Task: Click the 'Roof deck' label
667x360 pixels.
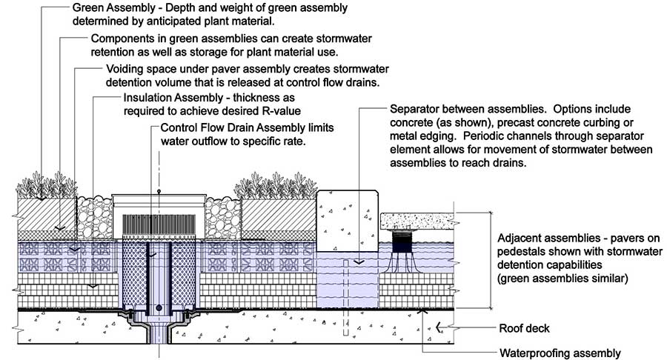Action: (524, 328)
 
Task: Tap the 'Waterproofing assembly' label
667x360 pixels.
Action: (560, 353)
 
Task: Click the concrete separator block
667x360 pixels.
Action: (348, 221)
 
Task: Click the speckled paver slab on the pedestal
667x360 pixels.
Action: (419, 221)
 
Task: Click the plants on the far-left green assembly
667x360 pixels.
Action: (47, 185)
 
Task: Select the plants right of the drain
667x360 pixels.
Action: (276, 186)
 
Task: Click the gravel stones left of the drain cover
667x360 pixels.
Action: (94, 218)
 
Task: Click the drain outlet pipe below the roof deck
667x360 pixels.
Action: (159, 332)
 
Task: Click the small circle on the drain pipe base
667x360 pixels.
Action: (159, 307)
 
